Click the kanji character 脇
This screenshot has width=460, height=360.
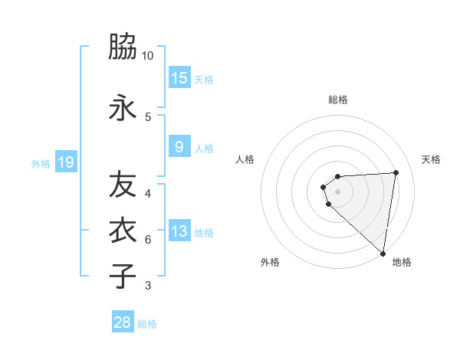pyautogui.click(x=123, y=47)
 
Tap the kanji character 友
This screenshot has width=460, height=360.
pyautogui.click(x=123, y=185)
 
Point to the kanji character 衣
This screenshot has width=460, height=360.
pyautogui.click(x=123, y=231)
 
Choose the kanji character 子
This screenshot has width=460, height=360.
pyautogui.click(x=123, y=276)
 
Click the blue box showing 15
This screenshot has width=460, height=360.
pyautogui.click(x=179, y=78)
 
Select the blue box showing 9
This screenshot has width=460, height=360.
pyautogui.click(x=179, y=147)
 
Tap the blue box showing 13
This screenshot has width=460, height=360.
pyautogui.click(x=179, y=231)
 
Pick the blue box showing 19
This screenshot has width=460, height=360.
pyautogui.click(x=65, y=162)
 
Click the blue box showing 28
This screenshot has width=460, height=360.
pyautogui.click(x=123, y=322)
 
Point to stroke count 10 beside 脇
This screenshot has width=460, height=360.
pyautogui.click(x=148, y=56)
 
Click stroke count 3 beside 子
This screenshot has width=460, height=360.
pyautogui.click(x=148, y=286)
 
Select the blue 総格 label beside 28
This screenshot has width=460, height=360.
pyautogui.click(x=147, y=324)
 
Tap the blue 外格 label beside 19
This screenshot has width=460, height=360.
pyautogui.click(x=41, y=163)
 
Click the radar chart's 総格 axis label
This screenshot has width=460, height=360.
pyautogui.click(x=337, y=100)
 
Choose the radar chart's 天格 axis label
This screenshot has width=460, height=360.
pyautogui.click(x=431, y=159)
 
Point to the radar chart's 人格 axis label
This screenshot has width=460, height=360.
pyautogui.click(x=245, y=159)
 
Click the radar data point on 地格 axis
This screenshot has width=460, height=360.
pyautogui.click(x=383, y=254)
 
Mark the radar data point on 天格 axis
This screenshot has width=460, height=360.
pyautogui.click(x=396, y=172)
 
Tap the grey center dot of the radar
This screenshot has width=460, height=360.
pyautogui.click(x=337, y=191)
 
